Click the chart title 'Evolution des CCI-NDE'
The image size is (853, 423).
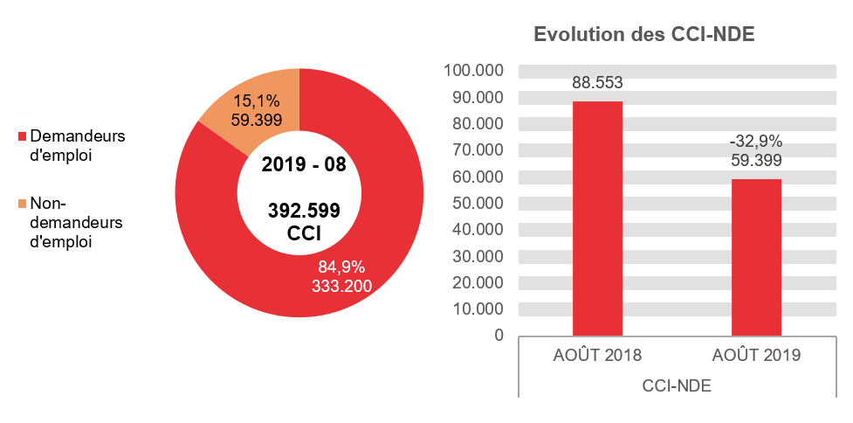tap(643, 36)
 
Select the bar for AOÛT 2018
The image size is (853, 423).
tap(597, 218)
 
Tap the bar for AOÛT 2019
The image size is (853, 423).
tap(756, 257)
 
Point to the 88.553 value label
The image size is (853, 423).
tap(597, 83)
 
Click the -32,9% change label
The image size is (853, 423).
tap(756, 142)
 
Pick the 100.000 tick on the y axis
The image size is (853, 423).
tap(473, 71)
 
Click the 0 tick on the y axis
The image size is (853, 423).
tap(499, 336)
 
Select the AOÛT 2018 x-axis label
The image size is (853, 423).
tap(597, 356)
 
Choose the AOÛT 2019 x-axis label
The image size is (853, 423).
tap(756, 356)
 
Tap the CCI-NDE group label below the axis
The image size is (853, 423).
tap(677, 385)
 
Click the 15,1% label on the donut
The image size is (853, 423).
tap(256, 101)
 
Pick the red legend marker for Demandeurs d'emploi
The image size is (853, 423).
tap(23, 136)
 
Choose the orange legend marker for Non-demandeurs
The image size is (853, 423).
tap(23, 204)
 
